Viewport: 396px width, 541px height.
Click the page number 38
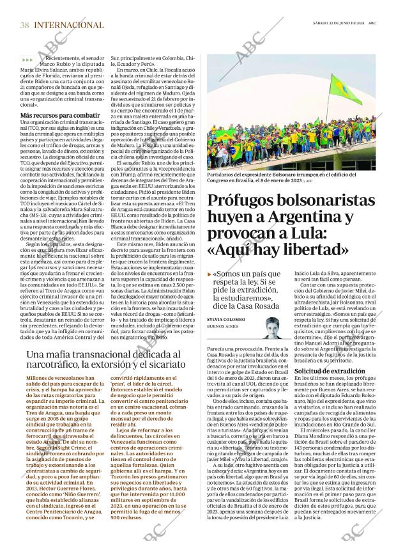pyautogui.click(x=24, y=25)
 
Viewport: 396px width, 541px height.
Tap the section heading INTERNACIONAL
pyautogui.click(x=68, y=25)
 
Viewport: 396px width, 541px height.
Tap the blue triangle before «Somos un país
pyautogui.click(x=209, y=274)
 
